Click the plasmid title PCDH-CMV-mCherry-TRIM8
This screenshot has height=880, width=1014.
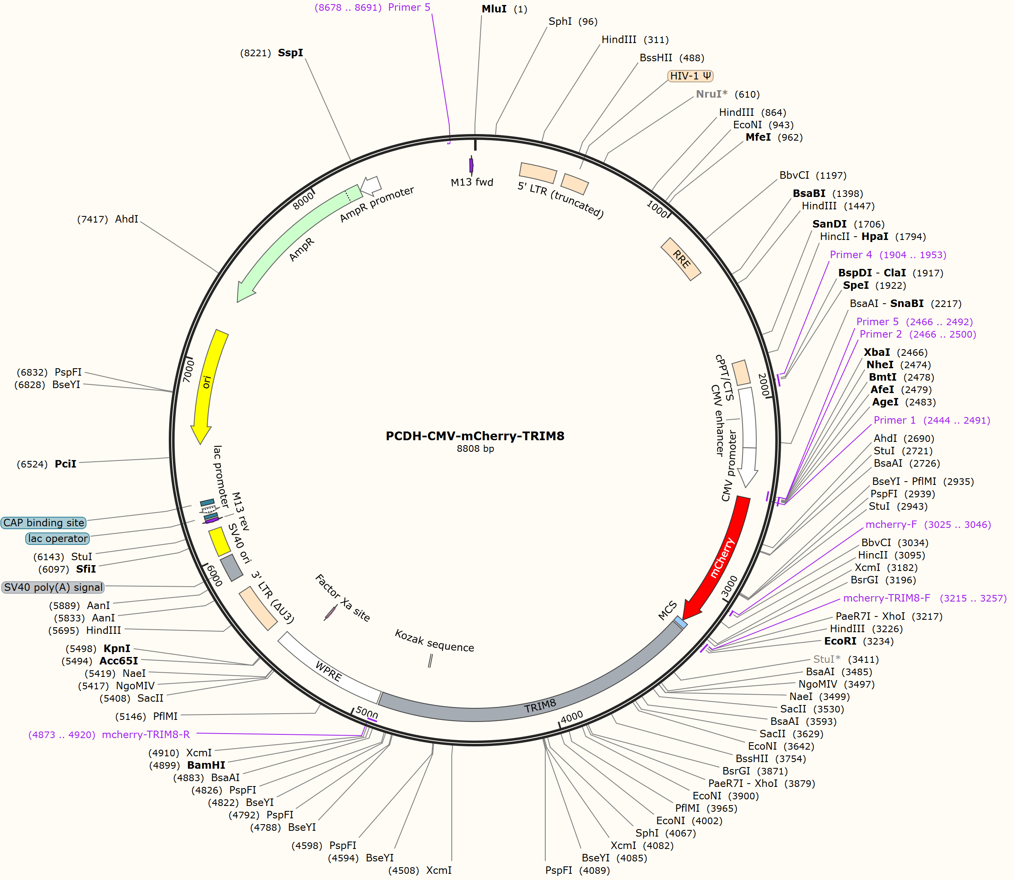coord(475,436)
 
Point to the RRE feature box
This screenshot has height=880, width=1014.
coord(681,259)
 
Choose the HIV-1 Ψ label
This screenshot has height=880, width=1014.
coord(690,76)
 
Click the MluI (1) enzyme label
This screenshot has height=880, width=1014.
coord(504,9)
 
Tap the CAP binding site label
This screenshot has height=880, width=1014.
coord(44,523)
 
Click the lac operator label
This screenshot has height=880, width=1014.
coord(58,538)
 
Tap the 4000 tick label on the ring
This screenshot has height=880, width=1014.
coord(572,717)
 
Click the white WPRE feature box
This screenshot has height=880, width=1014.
coord(329,668)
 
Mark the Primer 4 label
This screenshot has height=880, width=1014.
coord(851,254)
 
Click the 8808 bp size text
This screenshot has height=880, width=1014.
coord(475,448)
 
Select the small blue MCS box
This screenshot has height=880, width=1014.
coord(680,622)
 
